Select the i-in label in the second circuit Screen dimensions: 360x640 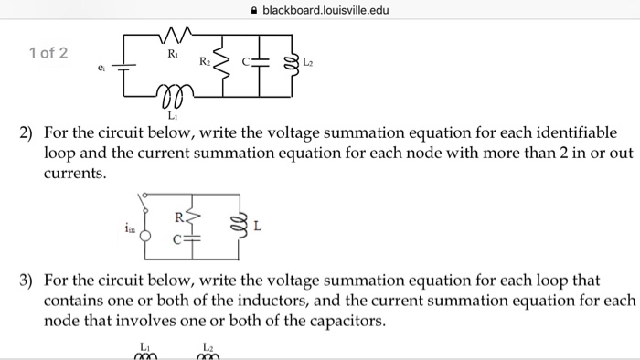(x=132, y=231)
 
